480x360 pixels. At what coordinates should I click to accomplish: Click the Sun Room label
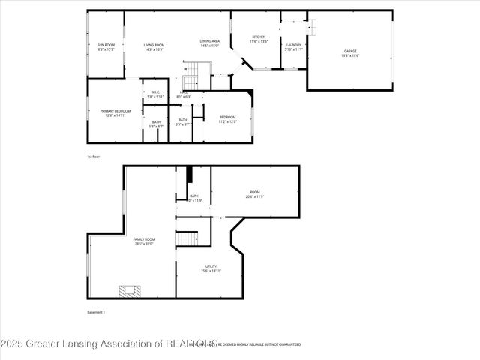[106, 46]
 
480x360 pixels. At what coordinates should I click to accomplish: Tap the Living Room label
[154, 46]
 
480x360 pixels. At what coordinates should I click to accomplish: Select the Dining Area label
[209, 43]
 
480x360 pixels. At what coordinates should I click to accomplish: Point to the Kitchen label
[259, 39]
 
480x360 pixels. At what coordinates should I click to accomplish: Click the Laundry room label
[293, 46]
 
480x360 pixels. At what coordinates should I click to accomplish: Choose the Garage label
[350, 53]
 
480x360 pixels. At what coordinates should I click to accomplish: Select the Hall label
[184, 94]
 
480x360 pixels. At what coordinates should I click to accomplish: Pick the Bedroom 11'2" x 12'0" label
[227, 118]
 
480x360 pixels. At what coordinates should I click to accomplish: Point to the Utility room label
[211, 268]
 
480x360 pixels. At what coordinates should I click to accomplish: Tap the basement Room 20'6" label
[254, 196]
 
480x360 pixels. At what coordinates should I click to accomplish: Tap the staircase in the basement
[186, 239]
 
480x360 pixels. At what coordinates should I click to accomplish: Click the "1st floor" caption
[94, 157]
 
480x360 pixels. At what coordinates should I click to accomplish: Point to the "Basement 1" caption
[97, 312]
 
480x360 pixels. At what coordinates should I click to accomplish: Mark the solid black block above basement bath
[190, 175]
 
